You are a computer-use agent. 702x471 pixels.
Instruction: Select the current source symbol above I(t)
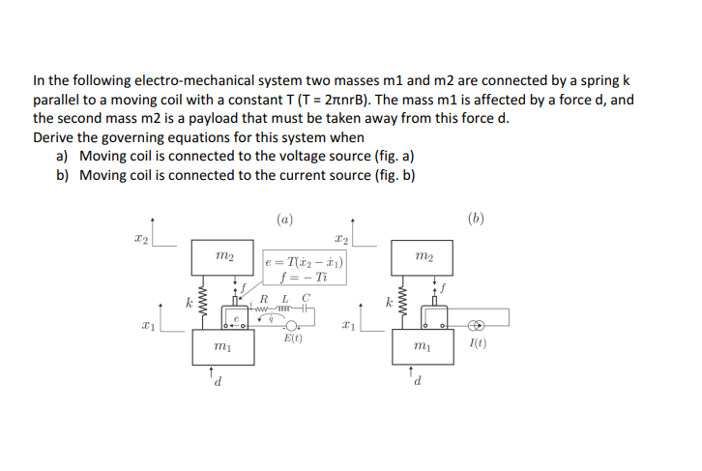[477, 327]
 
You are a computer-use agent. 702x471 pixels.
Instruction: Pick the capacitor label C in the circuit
[306, 297]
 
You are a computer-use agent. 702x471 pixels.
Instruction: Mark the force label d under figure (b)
[418, 385]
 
